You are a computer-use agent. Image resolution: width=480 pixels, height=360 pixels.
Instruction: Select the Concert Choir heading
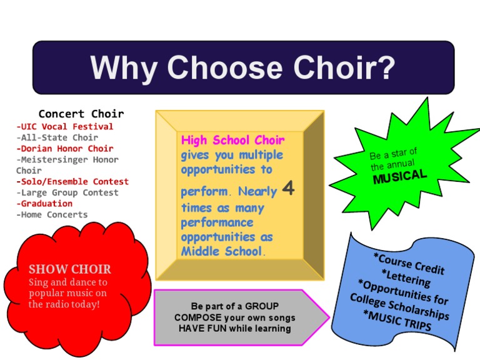pos(81,114)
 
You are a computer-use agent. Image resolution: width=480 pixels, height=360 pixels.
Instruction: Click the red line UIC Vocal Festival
pos(65,126)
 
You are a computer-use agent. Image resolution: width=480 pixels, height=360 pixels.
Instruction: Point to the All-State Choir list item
pos(57,137)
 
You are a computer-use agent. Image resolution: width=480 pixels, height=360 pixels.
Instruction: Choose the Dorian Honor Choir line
pos(65,149)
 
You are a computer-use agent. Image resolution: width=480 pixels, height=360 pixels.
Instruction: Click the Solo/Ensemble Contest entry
pos(72,182)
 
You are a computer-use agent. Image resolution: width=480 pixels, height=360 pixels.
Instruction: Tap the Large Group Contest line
pos(67,192)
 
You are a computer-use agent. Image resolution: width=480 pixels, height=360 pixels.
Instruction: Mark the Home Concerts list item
pos(52,214)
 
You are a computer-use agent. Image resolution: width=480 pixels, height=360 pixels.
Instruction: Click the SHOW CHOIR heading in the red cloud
pos(70,269)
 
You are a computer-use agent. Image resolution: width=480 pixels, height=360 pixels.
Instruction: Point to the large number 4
pos(288,188)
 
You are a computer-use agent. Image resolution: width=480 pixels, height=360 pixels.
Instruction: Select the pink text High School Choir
pos(232,140)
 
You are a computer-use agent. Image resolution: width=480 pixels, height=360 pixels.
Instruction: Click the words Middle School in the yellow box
pos(221,251)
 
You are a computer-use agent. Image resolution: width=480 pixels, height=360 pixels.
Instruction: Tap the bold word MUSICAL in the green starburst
pos(400,176)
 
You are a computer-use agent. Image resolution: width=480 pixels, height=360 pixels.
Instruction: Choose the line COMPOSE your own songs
pos(234,317)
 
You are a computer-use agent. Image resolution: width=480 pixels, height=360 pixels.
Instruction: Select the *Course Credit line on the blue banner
pos(409,264)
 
